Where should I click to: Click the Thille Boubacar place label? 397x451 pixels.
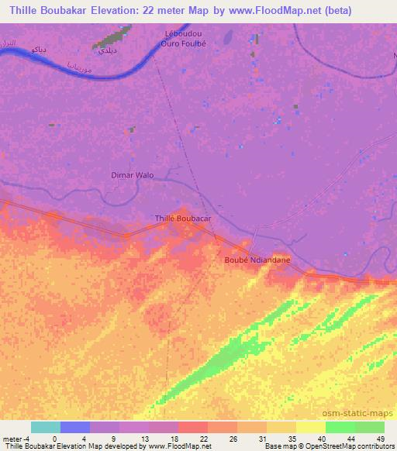183,219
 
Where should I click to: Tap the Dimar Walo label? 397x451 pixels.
132,175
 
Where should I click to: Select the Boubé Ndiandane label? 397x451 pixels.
257,260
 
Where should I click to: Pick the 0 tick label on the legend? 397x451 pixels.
46,438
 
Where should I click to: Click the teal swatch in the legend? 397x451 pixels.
46,427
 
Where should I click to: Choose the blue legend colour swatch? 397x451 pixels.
75,427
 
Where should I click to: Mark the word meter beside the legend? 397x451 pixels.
12,438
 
